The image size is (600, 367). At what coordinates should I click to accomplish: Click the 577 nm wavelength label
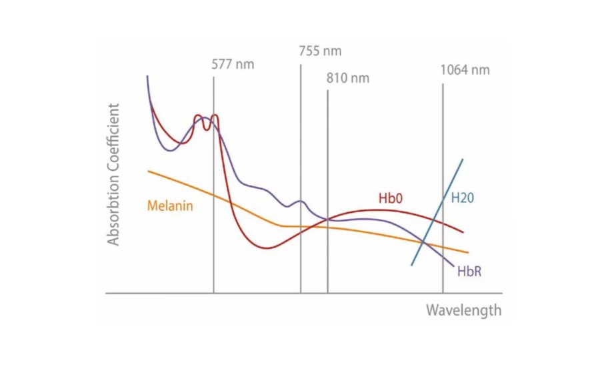tap(233, 65)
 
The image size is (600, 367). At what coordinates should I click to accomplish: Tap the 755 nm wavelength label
tap(320, 51)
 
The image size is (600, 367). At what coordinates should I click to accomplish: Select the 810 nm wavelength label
tap(347, 78)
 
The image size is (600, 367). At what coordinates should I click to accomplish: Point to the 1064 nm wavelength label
tap(465, 70)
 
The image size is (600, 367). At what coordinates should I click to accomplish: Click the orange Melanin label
tap(170, 206)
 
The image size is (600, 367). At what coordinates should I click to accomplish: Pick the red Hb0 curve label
tap(391, 198)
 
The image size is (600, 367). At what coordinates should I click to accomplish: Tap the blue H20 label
tap(463, 198)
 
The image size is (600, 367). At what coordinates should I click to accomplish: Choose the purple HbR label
tap(469, 272)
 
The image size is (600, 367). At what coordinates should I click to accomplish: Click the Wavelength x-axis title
tap(463, 310)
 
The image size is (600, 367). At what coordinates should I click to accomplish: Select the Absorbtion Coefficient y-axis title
tap(114, 174)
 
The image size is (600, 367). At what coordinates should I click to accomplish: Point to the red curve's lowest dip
tap(267, 248)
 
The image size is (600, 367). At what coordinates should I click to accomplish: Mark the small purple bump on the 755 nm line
tap(300, 201)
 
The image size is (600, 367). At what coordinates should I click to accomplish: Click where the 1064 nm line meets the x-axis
tap(443, 293)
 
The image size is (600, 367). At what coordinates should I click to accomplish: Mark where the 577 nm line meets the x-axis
tap(213, 293)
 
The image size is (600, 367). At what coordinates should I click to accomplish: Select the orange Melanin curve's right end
tap(468, 253)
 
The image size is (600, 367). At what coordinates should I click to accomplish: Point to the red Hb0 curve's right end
tap(463, 233)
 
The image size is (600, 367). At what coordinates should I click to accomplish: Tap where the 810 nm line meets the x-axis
tap(327, 293)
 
